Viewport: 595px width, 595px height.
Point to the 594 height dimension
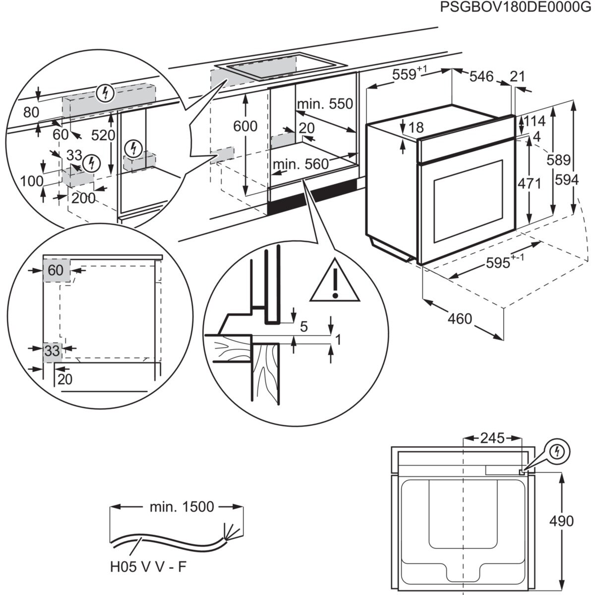567,180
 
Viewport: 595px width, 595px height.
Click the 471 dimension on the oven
529,183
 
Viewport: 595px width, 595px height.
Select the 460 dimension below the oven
460,318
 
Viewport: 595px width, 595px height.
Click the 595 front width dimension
498,263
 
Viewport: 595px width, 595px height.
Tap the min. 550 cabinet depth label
325,104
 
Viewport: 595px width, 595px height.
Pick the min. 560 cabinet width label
300,164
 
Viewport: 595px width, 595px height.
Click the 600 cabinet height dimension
245,126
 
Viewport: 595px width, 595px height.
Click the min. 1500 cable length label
181,507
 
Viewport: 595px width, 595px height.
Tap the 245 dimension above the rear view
492,438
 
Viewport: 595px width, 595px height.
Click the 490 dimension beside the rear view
561,521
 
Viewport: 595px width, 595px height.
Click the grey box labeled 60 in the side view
56,270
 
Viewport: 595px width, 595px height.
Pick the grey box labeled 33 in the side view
52,352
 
